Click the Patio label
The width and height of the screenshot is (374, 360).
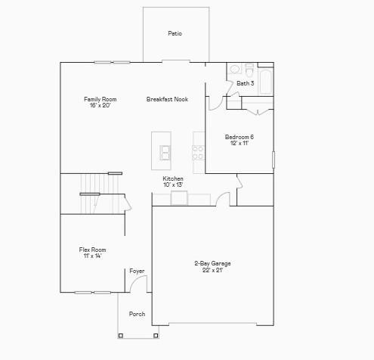[175, 33]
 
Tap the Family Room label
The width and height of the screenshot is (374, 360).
[100, 99]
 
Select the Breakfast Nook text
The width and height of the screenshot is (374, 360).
[167, 99]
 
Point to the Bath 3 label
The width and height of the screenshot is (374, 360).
[245, 83]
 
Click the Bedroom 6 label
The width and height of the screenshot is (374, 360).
[239, 137]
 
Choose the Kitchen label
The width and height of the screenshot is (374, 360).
[173, 178]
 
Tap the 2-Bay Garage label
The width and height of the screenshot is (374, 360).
[212, 263]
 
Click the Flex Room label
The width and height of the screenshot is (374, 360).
[92, 250]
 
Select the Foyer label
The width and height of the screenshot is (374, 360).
[137, 271]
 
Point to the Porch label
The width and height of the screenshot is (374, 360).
[137, 314]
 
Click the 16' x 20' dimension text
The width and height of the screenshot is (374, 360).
[100, 105]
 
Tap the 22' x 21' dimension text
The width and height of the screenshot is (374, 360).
[212, 270]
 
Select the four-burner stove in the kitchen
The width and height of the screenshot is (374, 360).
[199, 152]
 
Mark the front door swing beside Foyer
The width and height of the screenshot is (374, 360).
[139, 284]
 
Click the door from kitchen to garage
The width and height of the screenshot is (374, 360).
[223, 200]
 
